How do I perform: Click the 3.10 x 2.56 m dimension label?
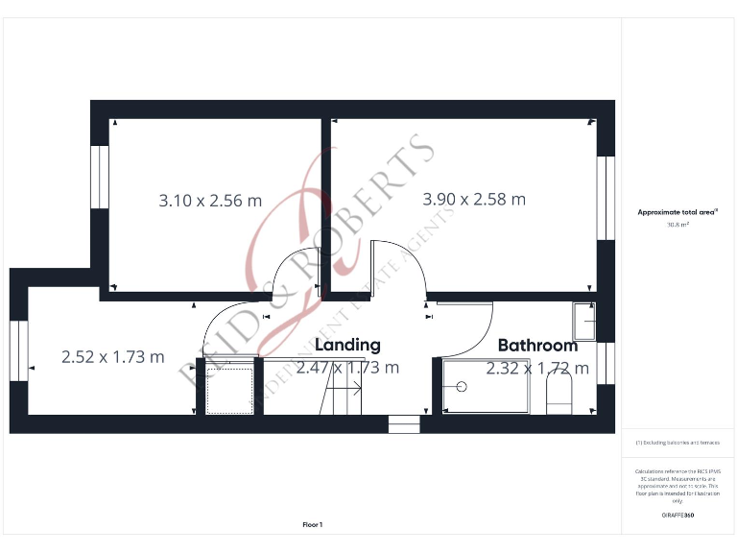pos(209,201)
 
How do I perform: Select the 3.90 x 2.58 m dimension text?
pos(474,200)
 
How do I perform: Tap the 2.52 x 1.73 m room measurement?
pos(112,356)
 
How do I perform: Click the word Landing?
pos(347,344)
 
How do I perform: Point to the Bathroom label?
pos(537,345)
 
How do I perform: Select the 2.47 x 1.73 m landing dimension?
pos(347,367)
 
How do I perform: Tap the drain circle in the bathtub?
pos(462,387)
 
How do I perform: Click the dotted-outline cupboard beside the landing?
pos(229,387)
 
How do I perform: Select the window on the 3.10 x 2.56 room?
pos(100,176)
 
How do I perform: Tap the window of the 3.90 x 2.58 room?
pos(605,197)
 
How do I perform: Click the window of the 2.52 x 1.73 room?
pos(19,350)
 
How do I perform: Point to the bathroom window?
pos(605,362)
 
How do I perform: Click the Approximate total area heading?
pos(678,212)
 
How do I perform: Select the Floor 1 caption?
pos(313,524)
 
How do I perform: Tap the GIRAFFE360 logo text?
pos(678,516)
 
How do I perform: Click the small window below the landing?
pos(403,423)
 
